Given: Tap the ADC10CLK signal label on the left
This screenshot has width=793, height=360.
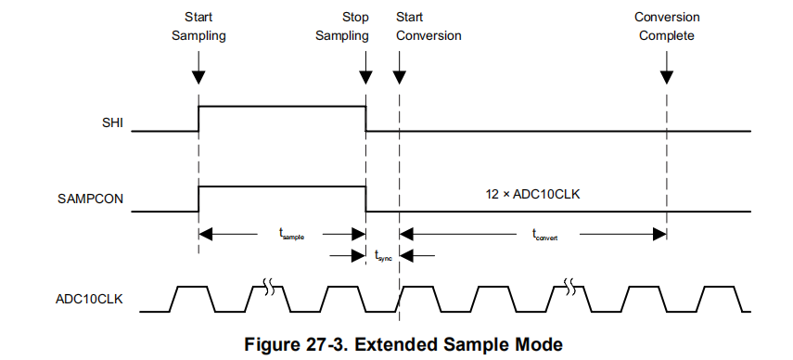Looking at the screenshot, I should click(88, 299).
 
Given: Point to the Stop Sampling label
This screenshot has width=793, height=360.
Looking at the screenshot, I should click(342, 27).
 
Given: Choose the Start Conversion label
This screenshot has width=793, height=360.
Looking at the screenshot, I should click(428, 27).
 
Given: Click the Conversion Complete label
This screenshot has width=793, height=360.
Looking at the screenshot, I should click(667, 27).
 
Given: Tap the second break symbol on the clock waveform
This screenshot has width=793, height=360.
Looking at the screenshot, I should click(574, 287).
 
